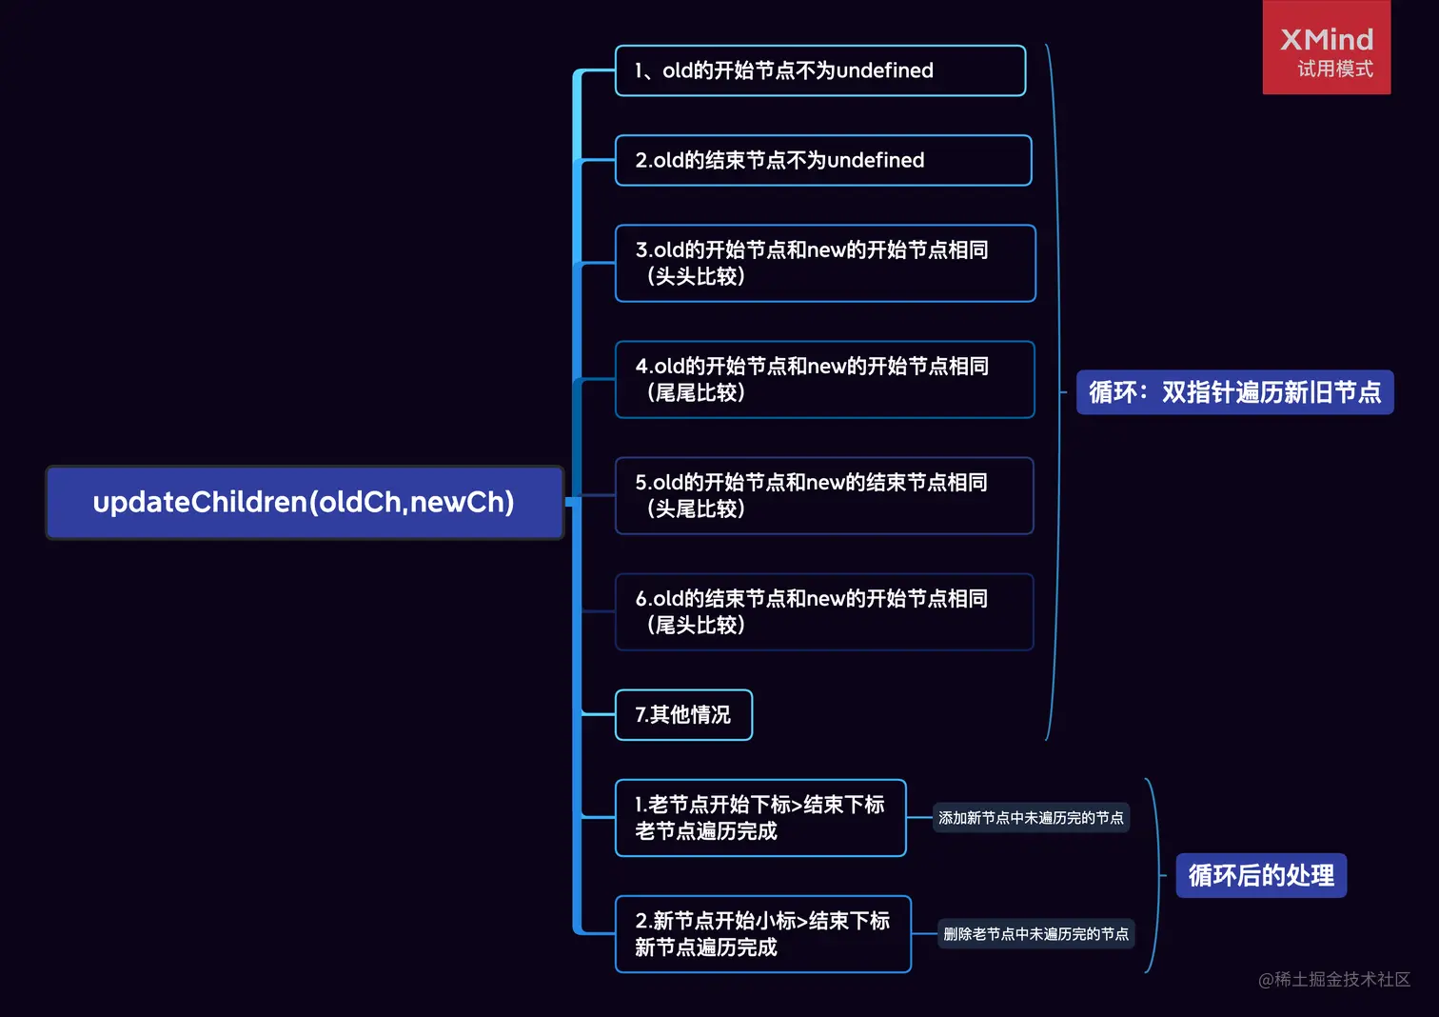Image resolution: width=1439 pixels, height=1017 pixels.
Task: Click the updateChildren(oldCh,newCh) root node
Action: coord(305,502)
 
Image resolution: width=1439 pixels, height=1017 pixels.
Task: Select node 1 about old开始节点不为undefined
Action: coord(819,70)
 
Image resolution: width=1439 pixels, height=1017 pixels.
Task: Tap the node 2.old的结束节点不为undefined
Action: coord(822,160)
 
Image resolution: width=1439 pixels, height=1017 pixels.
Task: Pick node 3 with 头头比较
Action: coord(824,263)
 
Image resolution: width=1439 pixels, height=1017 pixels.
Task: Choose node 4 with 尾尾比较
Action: coord(824,379)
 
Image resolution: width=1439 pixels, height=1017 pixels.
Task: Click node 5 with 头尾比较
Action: coord(824,495)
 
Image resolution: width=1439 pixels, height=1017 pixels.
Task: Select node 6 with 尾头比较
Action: coord(824,611)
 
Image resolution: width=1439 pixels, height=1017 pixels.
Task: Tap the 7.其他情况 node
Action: coord(683,714)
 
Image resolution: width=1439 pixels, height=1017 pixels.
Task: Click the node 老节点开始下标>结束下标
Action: coord(759,817)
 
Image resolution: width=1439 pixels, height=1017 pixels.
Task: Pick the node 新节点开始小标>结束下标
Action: coord(762,933)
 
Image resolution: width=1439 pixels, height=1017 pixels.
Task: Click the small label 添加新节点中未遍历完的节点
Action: coord(1031,818)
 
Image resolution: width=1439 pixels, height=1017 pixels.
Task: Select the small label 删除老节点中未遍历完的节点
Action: coord(1035,934)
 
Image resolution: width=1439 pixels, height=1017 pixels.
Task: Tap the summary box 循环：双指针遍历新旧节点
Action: coord(1234,392)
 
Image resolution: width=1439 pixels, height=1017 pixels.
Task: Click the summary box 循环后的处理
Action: coord(1261,875)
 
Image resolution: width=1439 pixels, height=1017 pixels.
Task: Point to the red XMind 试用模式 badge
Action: coord(1326,48)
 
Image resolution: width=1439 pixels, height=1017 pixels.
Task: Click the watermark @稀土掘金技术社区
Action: coord(1334,979)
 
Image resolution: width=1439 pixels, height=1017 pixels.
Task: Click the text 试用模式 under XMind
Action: coord(1334,69)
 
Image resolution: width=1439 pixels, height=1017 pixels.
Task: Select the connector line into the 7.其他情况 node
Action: coord(598,714)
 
